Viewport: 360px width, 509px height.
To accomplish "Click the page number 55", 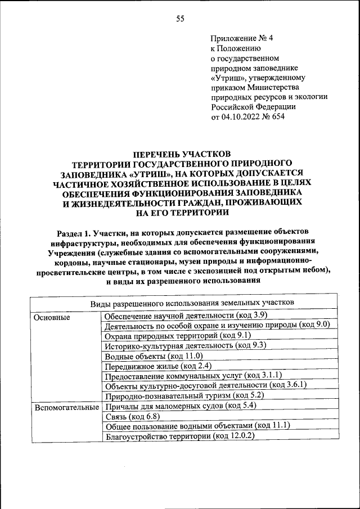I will (x=181, y=19).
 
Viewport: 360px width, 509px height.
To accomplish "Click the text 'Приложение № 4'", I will (x=241, y=39).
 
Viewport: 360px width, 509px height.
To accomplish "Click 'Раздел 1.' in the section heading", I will (x=76, y=232).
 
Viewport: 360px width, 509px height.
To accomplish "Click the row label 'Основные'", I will (x=52, y=317).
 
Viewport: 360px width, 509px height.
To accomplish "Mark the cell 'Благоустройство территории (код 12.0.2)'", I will (x=180, y=435).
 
